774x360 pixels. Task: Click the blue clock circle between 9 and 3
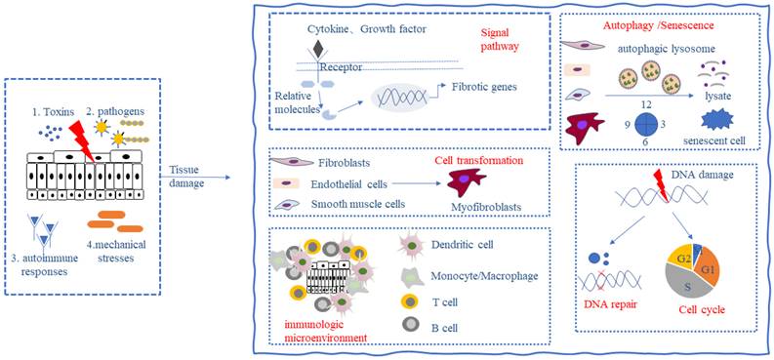(640, 125)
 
